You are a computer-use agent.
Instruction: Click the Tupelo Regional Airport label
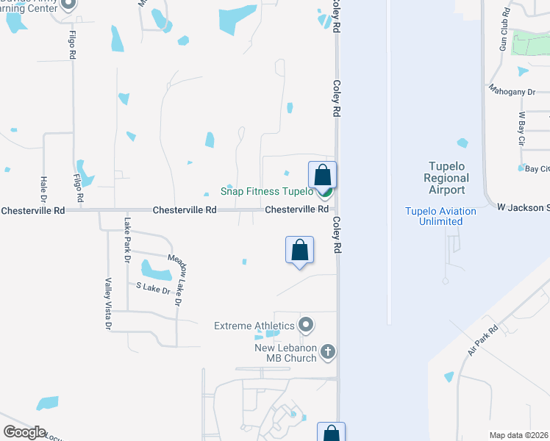click(x=446, y=179)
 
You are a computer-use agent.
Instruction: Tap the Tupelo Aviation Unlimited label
click(x=440, y=216)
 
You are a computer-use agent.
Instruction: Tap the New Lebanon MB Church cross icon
click(x=328, y=353)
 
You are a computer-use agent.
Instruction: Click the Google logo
click(x=24, y=432)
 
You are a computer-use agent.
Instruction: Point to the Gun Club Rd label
click(x=504, y=29)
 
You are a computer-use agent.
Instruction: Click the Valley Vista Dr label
click(x=108, y=304)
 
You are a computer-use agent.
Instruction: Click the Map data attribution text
click(x=519, y=435)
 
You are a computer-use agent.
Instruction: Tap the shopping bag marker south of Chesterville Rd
click(x=300, y=250)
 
